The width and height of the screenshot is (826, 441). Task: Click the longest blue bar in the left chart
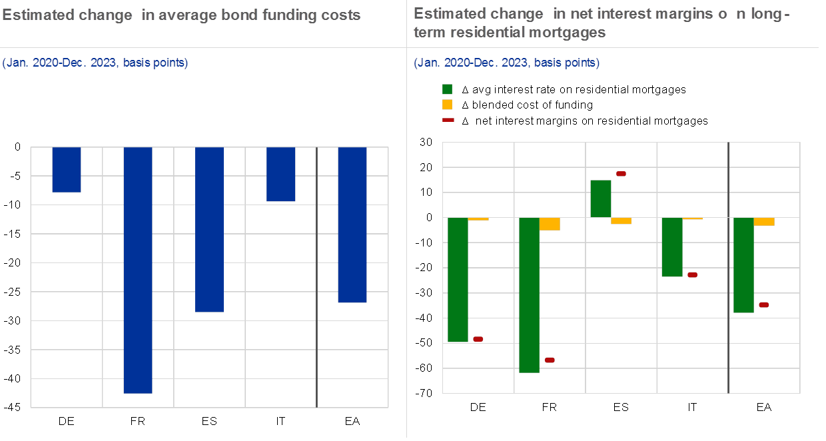pos(138,270)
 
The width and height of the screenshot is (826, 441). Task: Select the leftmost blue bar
pos(67,169)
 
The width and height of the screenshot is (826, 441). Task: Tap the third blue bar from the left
pos(209,229)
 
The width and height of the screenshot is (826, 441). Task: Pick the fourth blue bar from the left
pos(280,174)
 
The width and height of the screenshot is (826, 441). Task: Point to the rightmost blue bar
pos(352,224)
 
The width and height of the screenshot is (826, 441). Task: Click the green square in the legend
pos(447,89)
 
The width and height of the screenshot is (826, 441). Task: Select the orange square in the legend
pos(447,105)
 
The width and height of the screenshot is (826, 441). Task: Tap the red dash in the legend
pos(448,120)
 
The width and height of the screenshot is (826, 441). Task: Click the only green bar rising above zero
pos(601,199)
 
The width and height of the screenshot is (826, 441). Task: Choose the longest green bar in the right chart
pos(529,294)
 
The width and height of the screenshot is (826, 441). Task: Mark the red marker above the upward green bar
pos(621,174)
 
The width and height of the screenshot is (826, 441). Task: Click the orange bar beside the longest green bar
pos(550,224)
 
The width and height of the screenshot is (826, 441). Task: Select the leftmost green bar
pos(458,280)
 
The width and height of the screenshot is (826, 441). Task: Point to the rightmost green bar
pos(743,264)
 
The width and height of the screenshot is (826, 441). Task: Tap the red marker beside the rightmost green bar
pos(763,304)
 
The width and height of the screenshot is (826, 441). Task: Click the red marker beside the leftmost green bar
pos(478,339)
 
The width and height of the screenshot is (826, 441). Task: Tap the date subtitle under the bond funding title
pos(95,63)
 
